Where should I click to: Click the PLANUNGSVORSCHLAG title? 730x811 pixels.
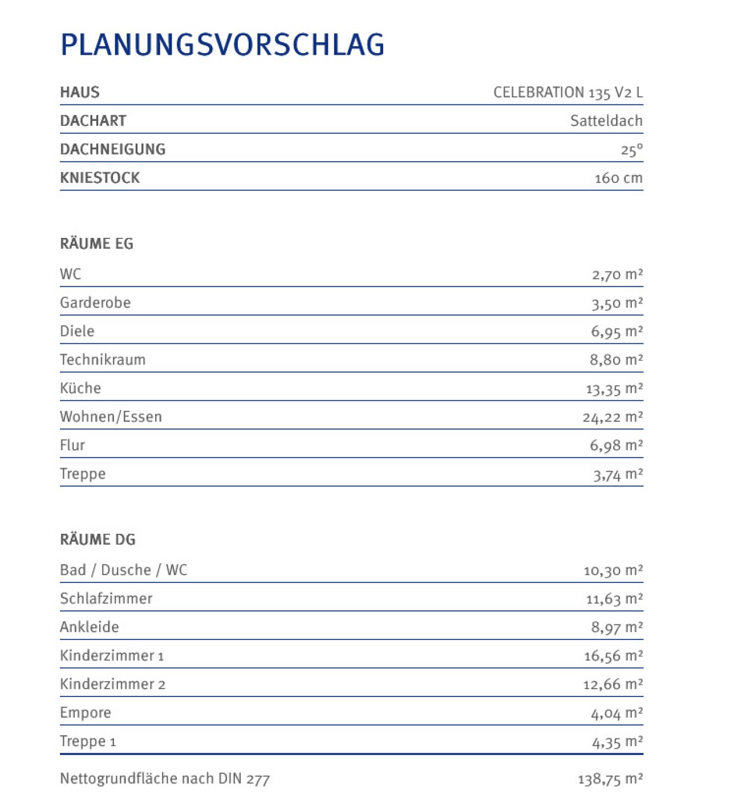222,44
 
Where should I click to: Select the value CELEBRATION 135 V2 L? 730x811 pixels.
567,92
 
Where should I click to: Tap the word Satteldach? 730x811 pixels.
606,121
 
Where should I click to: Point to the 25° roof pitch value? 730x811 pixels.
631,150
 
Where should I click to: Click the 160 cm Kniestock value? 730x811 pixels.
618,178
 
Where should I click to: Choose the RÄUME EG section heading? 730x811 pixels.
96,244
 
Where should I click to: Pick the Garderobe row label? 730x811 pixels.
95,303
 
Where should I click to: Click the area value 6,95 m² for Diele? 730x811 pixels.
617,331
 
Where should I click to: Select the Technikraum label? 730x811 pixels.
103,360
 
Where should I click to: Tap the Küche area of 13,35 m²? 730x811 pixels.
614,388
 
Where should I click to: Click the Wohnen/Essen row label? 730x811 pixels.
111,417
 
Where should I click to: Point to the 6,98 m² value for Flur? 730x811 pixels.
616,445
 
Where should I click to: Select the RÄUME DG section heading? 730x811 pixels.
98,540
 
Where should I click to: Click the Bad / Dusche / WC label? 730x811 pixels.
123,570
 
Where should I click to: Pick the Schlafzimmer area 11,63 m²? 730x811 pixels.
614,599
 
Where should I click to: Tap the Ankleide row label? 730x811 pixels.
90,627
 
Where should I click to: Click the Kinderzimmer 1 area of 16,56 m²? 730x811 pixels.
613,656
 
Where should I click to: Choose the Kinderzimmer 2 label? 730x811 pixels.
112,684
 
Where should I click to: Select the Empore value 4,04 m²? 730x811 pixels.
617,713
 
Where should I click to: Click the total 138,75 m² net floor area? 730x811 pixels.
610,779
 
